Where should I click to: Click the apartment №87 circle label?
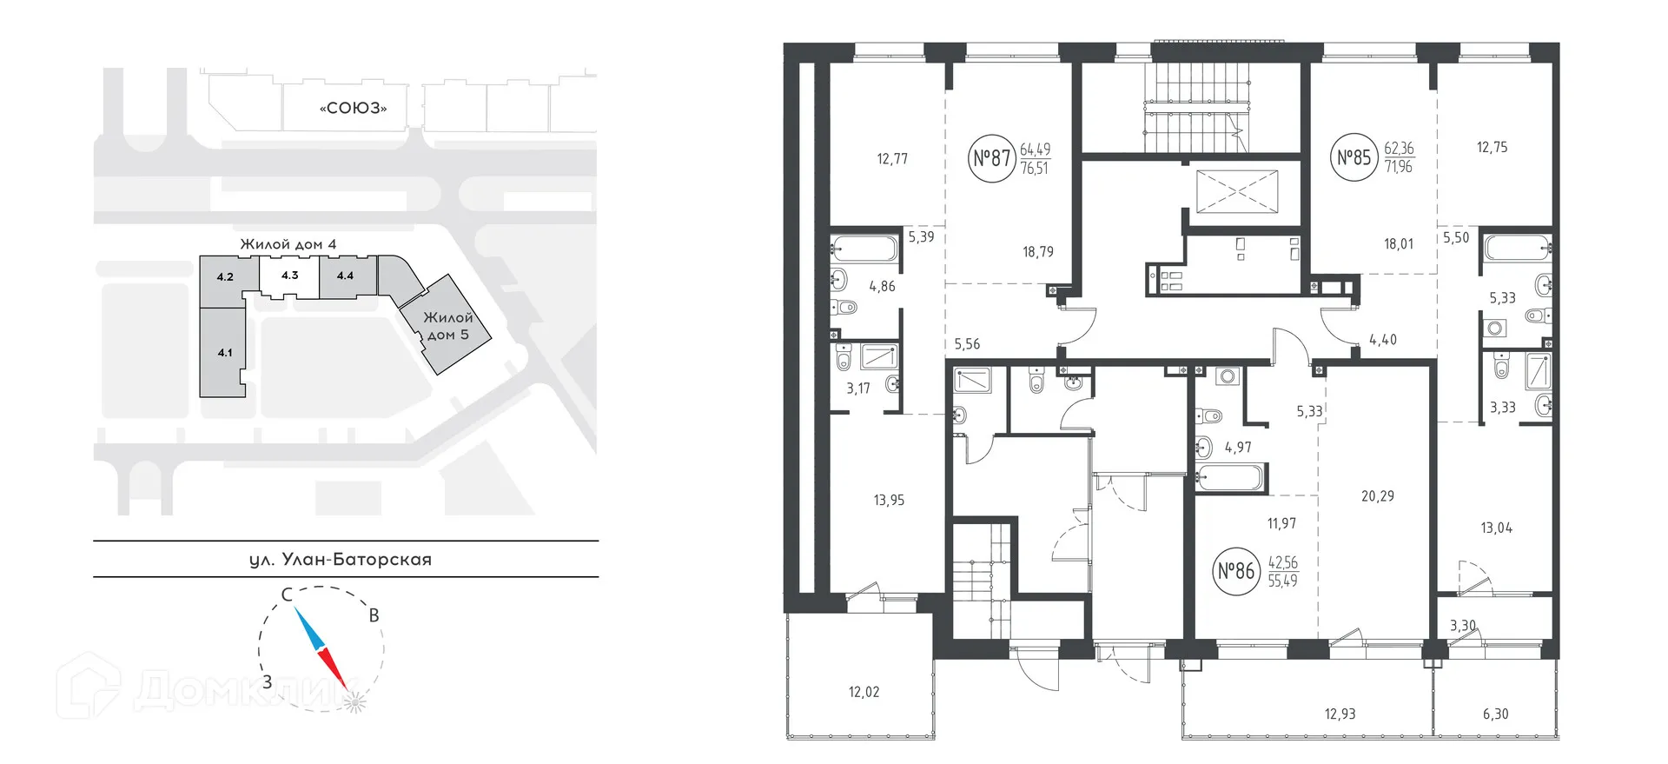coord(991,159)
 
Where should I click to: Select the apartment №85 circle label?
coord(1354,157)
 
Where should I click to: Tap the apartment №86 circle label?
coord(1235,571)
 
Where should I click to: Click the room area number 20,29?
coord(1377,496)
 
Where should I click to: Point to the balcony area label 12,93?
coord(1340,714)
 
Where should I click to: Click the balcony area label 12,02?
coord(865,693)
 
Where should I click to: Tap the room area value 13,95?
coord(889,500)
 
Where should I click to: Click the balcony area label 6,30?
coord(1495,714)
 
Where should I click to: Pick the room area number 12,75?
coord(1492,147)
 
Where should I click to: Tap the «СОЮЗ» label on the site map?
coord(353,109)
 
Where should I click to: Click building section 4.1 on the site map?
coord(224,352)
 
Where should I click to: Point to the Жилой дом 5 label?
coord(447,326)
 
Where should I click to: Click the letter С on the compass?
coord(285,595)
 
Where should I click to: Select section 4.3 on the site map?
coord(289,276)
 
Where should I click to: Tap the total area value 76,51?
coord(1034,169)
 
